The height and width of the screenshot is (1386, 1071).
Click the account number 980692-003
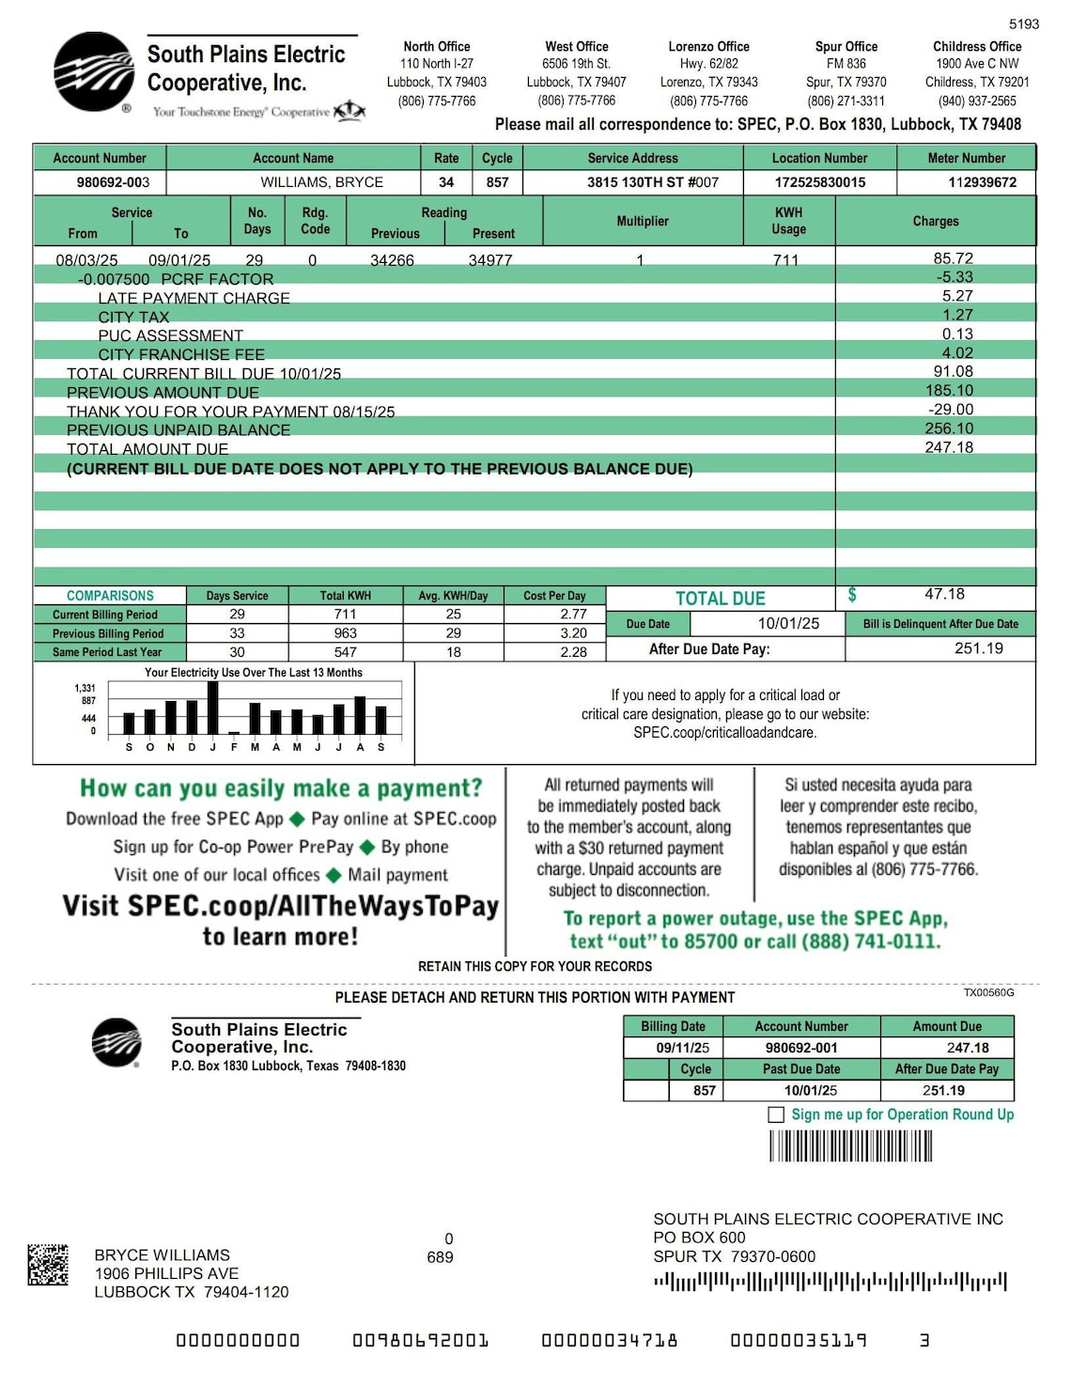(x=113, y=182)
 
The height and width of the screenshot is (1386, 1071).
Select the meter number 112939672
(x=982, y=182)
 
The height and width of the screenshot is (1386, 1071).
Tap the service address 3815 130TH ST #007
(x=653, y=182)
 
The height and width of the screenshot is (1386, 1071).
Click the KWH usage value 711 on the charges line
(x=785, y=260)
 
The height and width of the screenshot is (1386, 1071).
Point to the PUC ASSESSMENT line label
(x=170, y=335)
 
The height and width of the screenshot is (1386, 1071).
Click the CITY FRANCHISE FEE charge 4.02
(x=957, y=353)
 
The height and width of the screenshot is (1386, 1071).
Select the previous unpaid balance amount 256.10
(x=949, y=428)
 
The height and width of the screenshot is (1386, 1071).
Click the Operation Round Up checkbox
(x=776, y=1114)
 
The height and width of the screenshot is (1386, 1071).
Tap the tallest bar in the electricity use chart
(x=213, y=708)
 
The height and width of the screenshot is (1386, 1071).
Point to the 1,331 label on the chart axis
(x=85, y=688)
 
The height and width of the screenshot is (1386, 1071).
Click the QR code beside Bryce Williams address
(x=48, y=1265)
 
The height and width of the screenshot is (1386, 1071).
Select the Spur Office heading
(x=846, y=46)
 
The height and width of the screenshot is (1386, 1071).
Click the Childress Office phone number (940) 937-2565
(x=976, y=101)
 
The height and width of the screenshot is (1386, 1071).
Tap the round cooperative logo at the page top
(x=94, y=72)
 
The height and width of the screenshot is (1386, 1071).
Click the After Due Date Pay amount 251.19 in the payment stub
(x=943, y=1091)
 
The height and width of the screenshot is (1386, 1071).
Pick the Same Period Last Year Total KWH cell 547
(x=345, y=652)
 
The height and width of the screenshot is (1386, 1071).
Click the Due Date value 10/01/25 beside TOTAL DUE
(x=788, y=624)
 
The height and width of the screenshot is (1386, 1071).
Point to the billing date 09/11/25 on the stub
(x=682, y=1048)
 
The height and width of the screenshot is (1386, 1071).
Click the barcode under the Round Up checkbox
(x=850, y=1146)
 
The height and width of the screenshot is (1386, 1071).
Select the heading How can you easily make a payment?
(x=281, y=788)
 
